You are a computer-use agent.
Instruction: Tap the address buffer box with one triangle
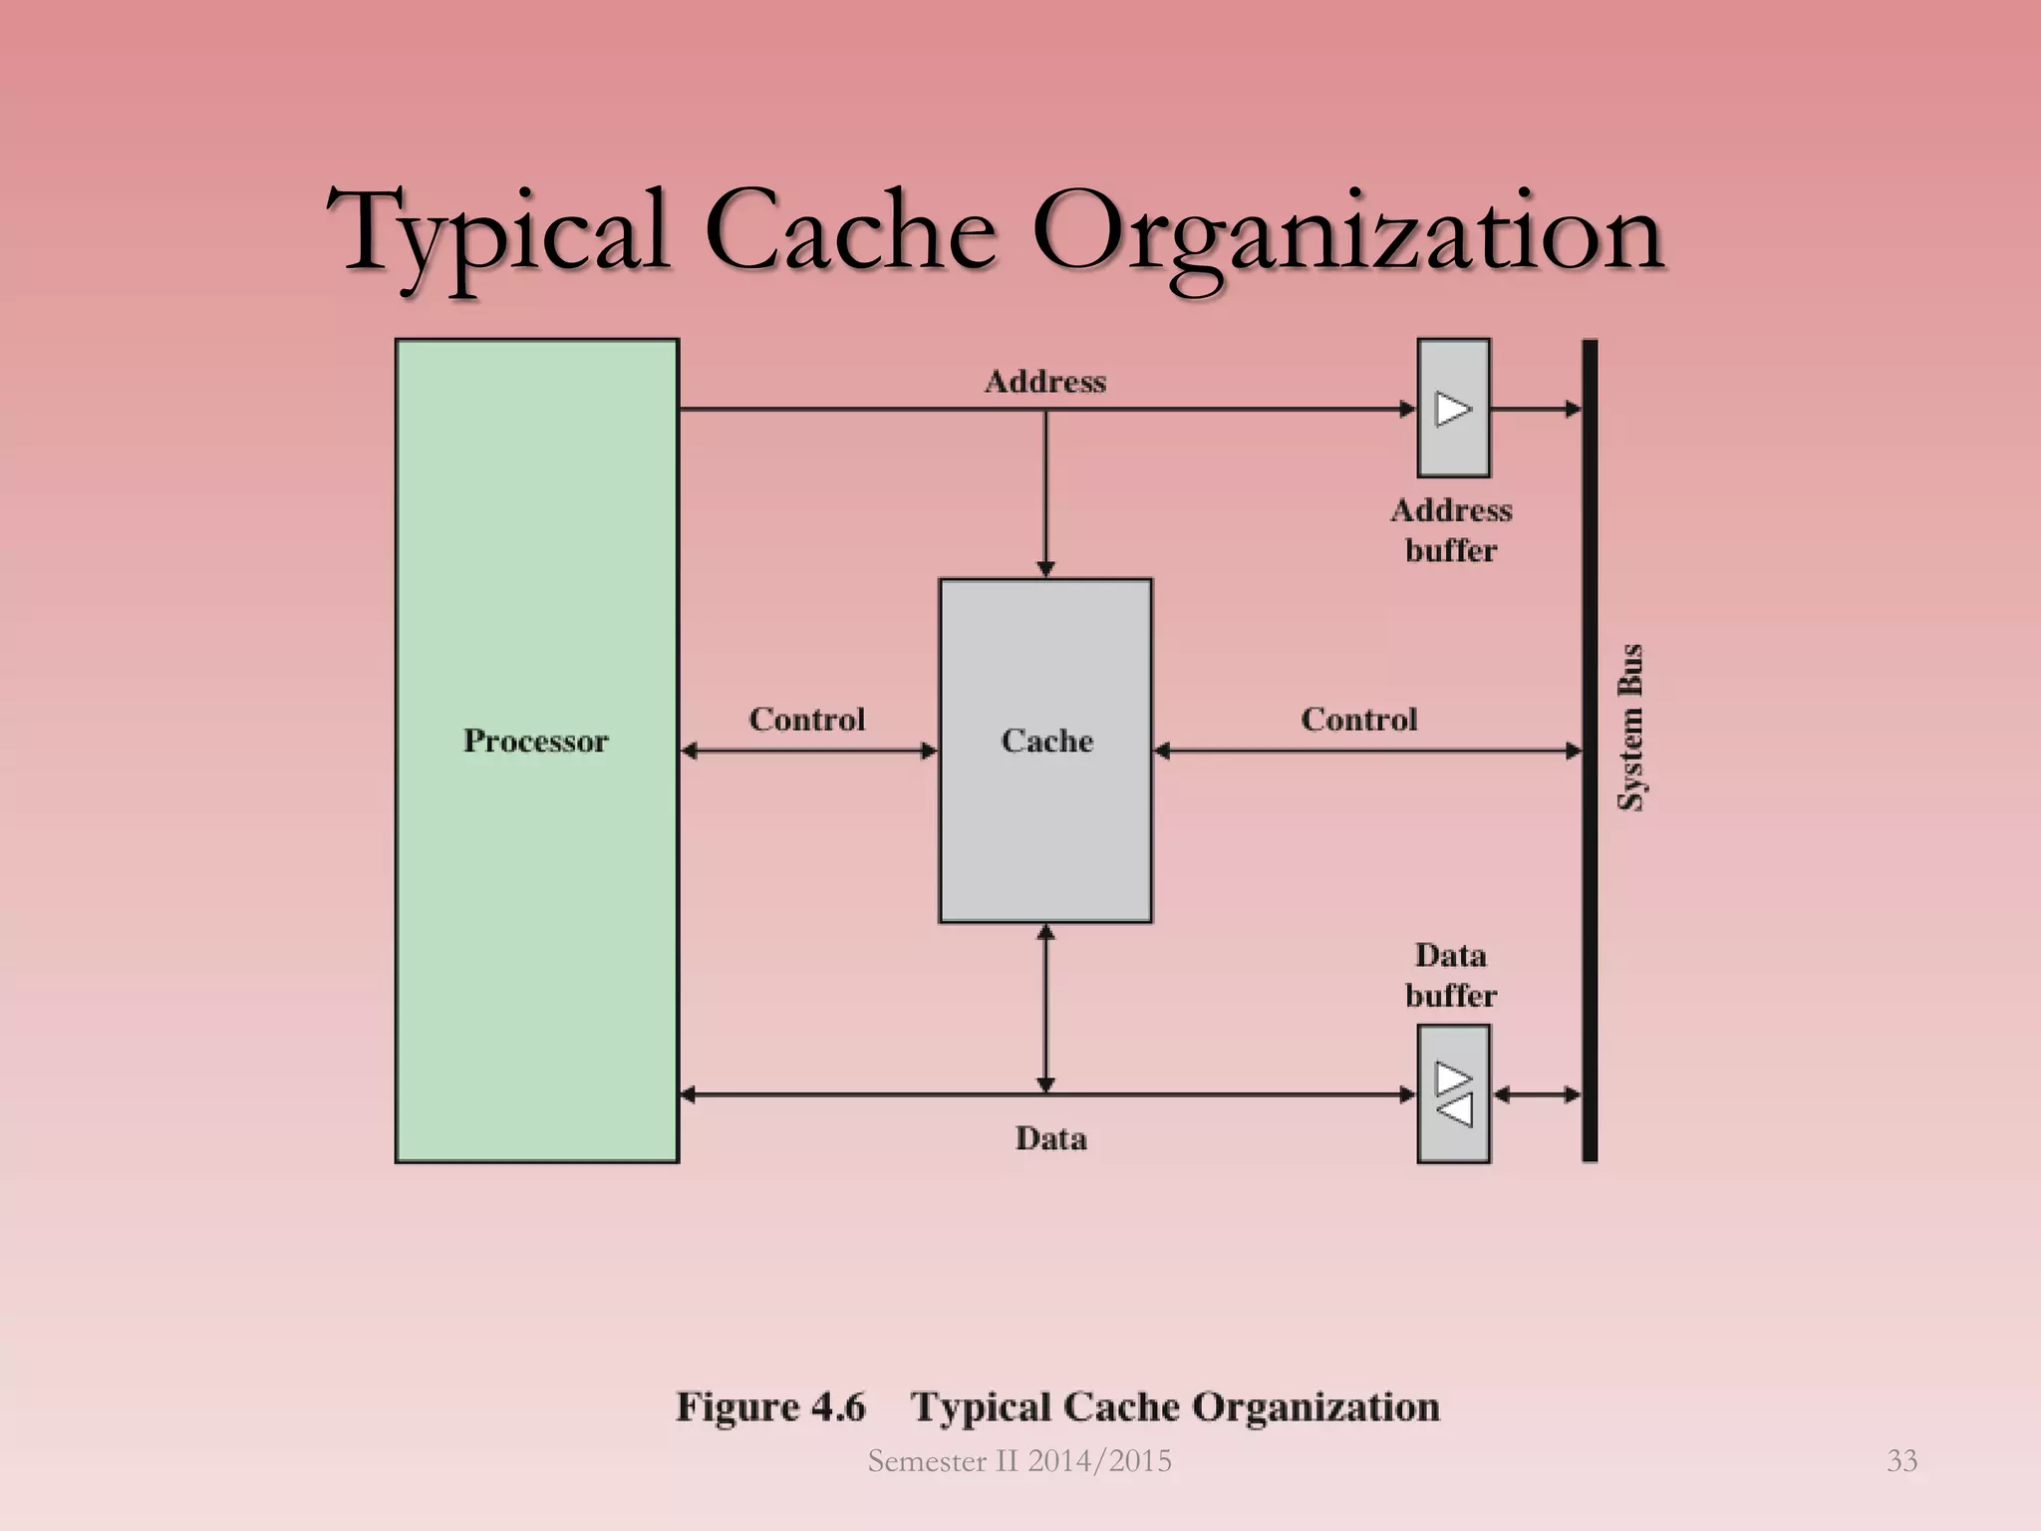[1453, 408]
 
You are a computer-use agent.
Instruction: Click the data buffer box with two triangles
[1453, 1093]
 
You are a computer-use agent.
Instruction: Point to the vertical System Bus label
[1629, 727]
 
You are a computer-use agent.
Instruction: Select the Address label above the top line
[1045, 381]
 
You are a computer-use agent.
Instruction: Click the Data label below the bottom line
[1050, 1138]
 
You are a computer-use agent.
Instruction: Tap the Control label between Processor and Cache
[806, 719]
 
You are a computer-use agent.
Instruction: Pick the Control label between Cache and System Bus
[1358, 719]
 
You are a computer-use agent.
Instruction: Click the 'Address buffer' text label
[1451, 529]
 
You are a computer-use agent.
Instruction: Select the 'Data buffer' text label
[1451, 975]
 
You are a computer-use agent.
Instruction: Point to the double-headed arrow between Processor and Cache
[808, 751]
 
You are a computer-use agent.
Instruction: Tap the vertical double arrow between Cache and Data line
[1045, 1008]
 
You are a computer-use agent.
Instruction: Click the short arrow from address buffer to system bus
[1536, 408]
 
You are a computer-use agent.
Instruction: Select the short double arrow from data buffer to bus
[1537, 1094]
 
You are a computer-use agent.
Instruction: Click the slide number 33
[1901, 1460]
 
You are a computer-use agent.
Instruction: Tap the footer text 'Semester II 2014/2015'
[1020, 1460]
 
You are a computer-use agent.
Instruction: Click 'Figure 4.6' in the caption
[770, 1406]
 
